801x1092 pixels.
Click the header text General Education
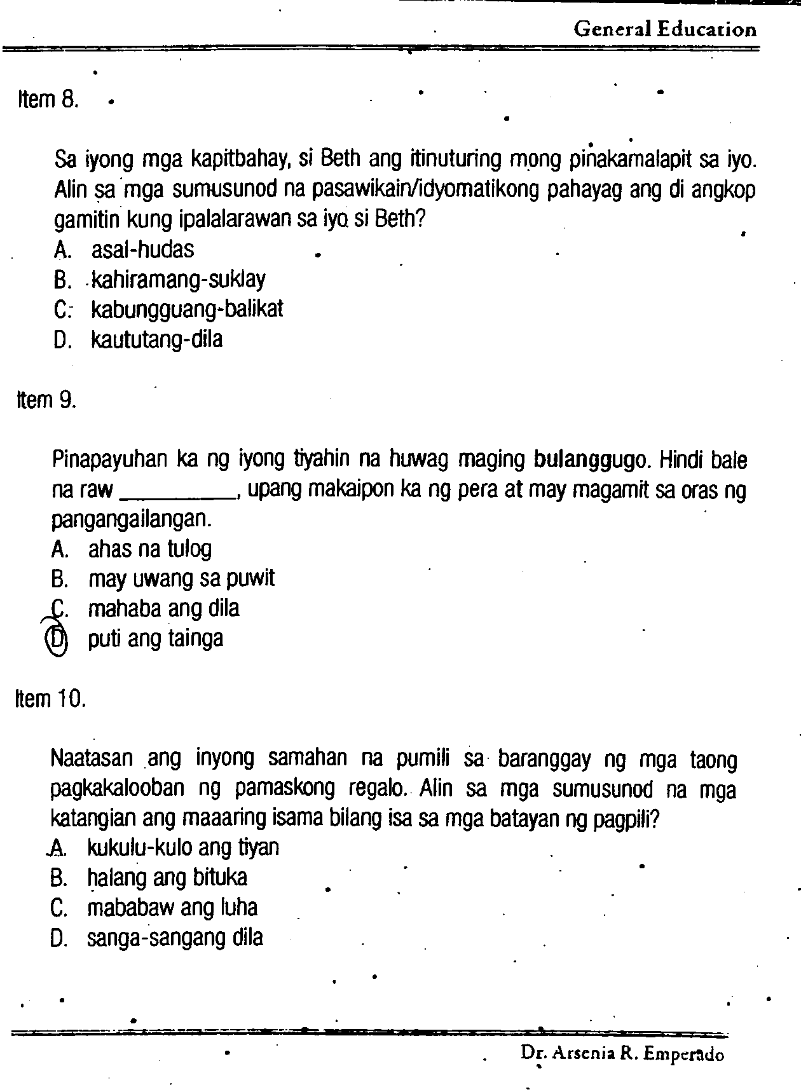point(664,29)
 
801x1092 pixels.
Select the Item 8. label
point(48,100)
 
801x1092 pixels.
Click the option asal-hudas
point(142,250)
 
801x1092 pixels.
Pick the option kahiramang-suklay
point(178,280)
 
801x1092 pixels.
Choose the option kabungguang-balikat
point(187,310)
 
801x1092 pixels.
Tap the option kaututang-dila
point(157,339)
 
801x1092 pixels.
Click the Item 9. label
point(46,400)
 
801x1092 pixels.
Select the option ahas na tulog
point(150,549)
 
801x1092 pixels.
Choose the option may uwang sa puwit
point(181,579)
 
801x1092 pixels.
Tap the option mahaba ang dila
point(163,609)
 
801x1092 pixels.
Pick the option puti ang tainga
point(156,639)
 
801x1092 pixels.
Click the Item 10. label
point(50,699)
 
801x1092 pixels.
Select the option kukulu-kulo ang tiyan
point(182,848)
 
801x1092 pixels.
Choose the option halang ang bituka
point(167,878)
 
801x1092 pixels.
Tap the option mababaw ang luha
point(172,908)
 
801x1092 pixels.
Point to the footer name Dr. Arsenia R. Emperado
point(622,1054)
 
